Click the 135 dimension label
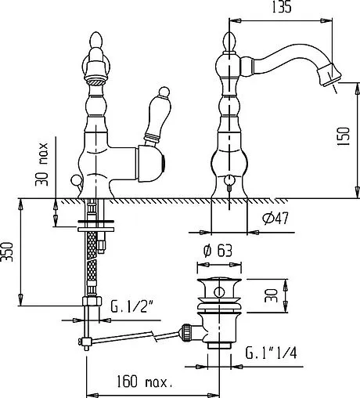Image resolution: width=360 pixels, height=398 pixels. click(282, 7)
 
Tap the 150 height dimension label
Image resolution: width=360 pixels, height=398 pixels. click(343, 136)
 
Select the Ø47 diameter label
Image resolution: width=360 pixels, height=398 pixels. click(275, 218)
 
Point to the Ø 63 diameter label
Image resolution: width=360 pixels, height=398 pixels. click(218, 251)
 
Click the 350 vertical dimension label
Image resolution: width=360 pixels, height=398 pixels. click(6, 251)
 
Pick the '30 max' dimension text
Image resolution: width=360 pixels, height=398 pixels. click(41, 164)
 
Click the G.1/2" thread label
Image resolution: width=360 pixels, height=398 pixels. click(131, 306)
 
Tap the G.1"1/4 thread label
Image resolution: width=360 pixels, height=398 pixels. click(271, 353)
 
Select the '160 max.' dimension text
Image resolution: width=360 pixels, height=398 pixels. click(144, 382)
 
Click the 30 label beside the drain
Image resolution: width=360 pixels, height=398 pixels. click(271, 295)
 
